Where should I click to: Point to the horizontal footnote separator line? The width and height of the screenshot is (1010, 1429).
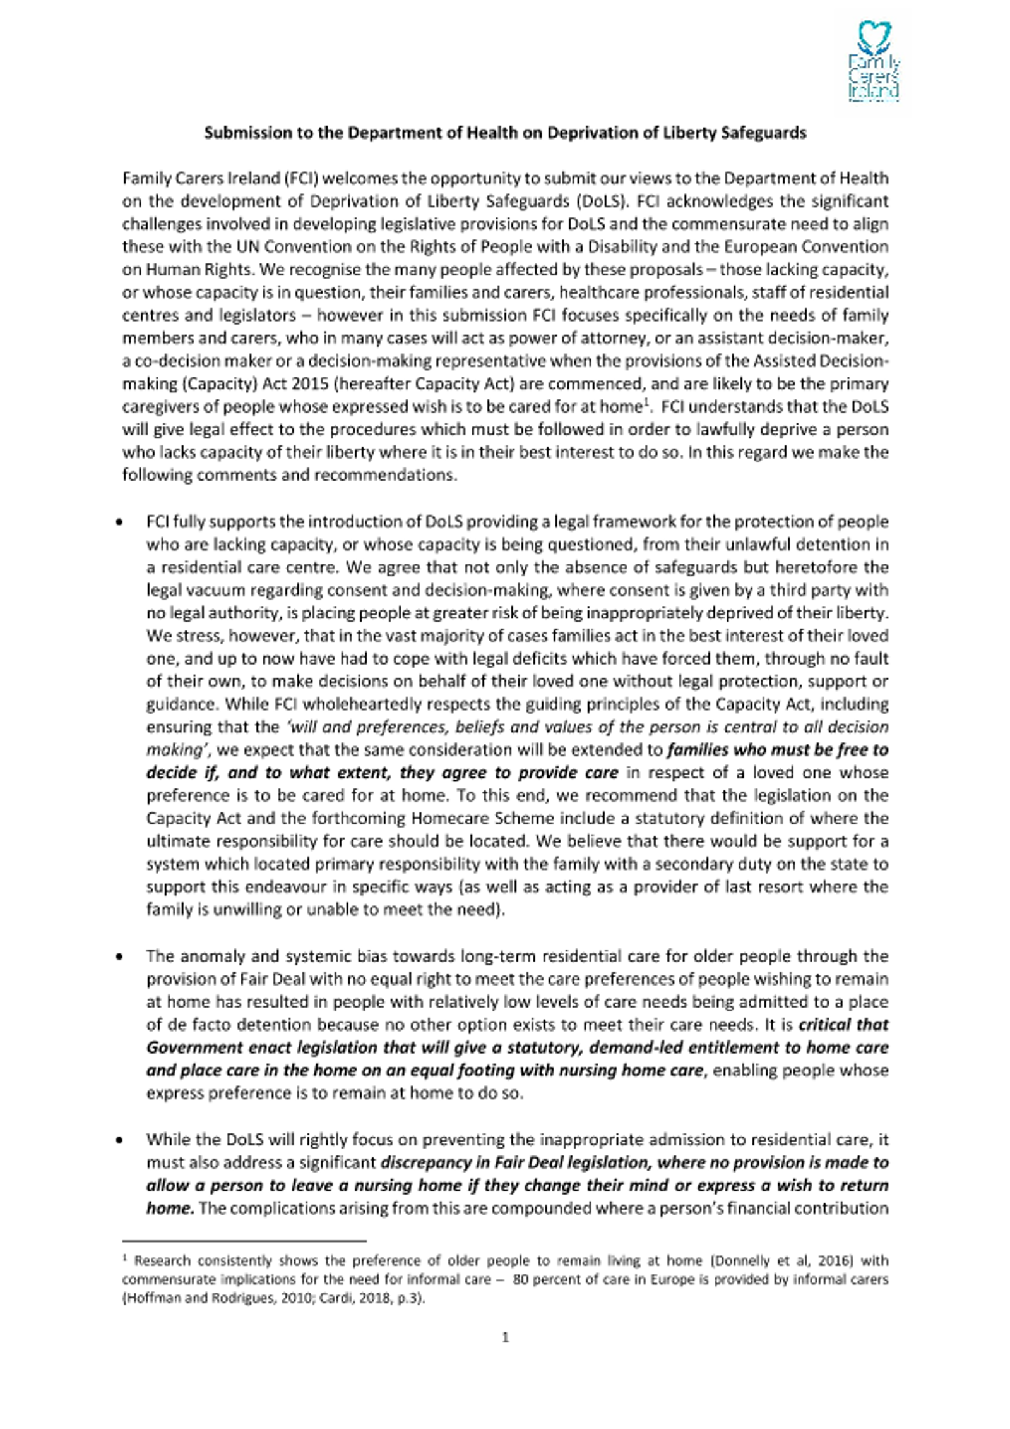tap(244, 1240)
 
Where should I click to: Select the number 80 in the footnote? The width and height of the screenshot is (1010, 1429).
tap(521, 1279)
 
